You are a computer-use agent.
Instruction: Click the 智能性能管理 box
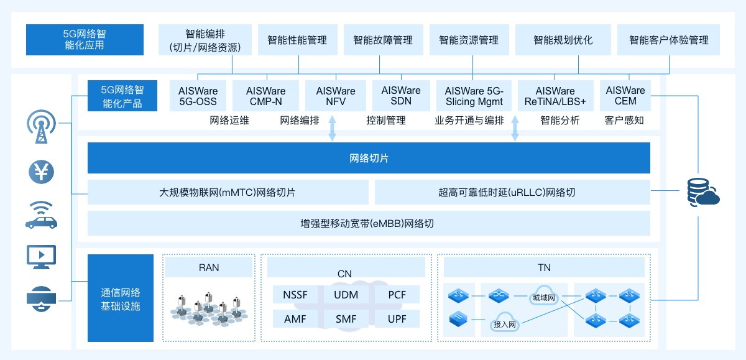click(297, 40)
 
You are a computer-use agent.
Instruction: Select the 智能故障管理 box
click(383, 40)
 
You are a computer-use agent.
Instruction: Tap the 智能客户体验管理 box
click(668, 40)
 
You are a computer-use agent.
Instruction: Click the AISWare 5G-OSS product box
click(198, 96)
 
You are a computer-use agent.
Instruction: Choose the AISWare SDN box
click(401, 96)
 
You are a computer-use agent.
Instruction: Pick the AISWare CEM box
click(625, 96)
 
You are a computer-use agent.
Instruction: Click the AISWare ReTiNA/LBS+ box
click(555, 96)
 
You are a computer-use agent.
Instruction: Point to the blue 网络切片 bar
click(369, 159)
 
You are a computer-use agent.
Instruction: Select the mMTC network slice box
click(228, 192)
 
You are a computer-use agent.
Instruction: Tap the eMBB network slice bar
click(369, 223)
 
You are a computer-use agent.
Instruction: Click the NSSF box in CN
click(295, 295)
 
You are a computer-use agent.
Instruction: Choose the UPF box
click(397, 319)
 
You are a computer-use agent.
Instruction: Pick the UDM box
click(346, 295)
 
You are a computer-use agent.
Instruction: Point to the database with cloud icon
click(702, 192)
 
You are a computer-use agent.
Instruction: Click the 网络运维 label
click(229, 121)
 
